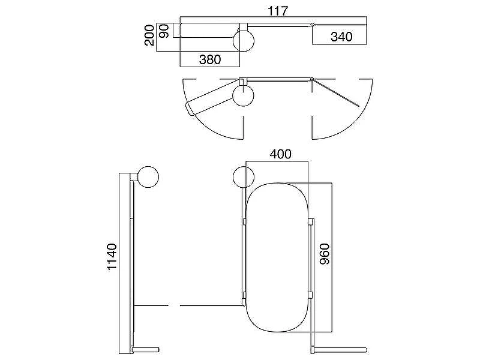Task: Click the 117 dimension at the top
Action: click(x=278, y=11)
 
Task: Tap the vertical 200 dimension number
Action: click(x=149, y=35)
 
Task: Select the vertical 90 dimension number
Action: click(x=164, y=31)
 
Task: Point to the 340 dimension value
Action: click(x=341, y=37)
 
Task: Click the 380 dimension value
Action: click(x=210, y=59)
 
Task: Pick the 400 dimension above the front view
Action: click(x=280, y=154)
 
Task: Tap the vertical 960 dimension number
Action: click(x=325, y=254)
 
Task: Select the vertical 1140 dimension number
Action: click(x=112, y=257)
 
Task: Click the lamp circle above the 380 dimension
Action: click(x=244, y=41)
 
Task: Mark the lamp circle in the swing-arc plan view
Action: click(x=244, y=95)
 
